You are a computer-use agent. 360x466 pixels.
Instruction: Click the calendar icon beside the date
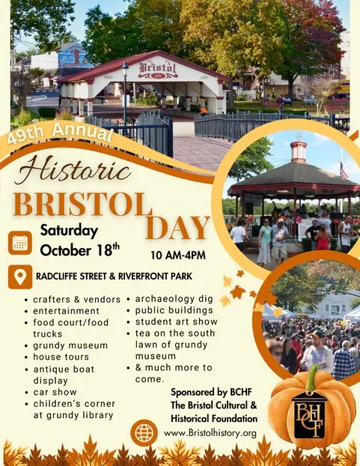click(20, 243)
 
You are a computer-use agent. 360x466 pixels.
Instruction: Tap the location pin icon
click(20, 276)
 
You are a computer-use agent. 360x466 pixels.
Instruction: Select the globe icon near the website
click(144, 433)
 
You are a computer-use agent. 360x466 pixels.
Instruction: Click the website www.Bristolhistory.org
click(210, 433)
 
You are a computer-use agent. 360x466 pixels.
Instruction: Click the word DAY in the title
click(177, 228)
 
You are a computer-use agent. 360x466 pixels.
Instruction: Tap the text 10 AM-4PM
click(178, 255)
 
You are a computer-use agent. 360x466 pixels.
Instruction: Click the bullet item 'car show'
click(55, 392)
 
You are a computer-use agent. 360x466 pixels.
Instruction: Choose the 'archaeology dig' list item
click(174, 299)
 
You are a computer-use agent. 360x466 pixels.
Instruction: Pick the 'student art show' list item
click(177, 321)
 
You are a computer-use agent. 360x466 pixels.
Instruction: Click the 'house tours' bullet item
click(61, 357)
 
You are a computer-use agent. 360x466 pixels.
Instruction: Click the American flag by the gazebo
click(344, 170)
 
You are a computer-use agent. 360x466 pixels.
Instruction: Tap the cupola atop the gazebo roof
click(299, 151)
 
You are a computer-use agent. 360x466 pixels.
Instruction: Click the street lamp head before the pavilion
click(125, 69)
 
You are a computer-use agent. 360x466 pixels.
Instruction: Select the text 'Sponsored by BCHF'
click(211, 393)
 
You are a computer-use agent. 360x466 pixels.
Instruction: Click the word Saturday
click(69, 231)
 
